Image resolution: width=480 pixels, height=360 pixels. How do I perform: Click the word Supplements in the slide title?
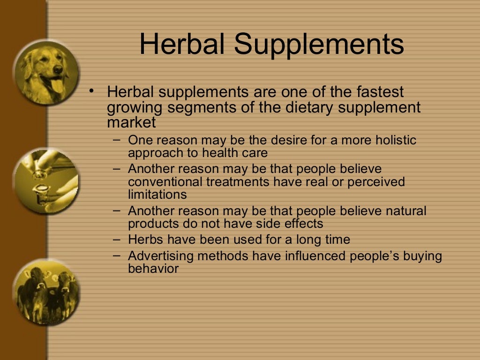[319, 45]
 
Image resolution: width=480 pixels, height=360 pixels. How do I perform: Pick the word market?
[131, 123]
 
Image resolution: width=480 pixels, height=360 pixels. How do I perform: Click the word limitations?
[157, 194]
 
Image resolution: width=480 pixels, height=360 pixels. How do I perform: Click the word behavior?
[153, 269]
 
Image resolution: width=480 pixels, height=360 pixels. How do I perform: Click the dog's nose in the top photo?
[58, 69]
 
